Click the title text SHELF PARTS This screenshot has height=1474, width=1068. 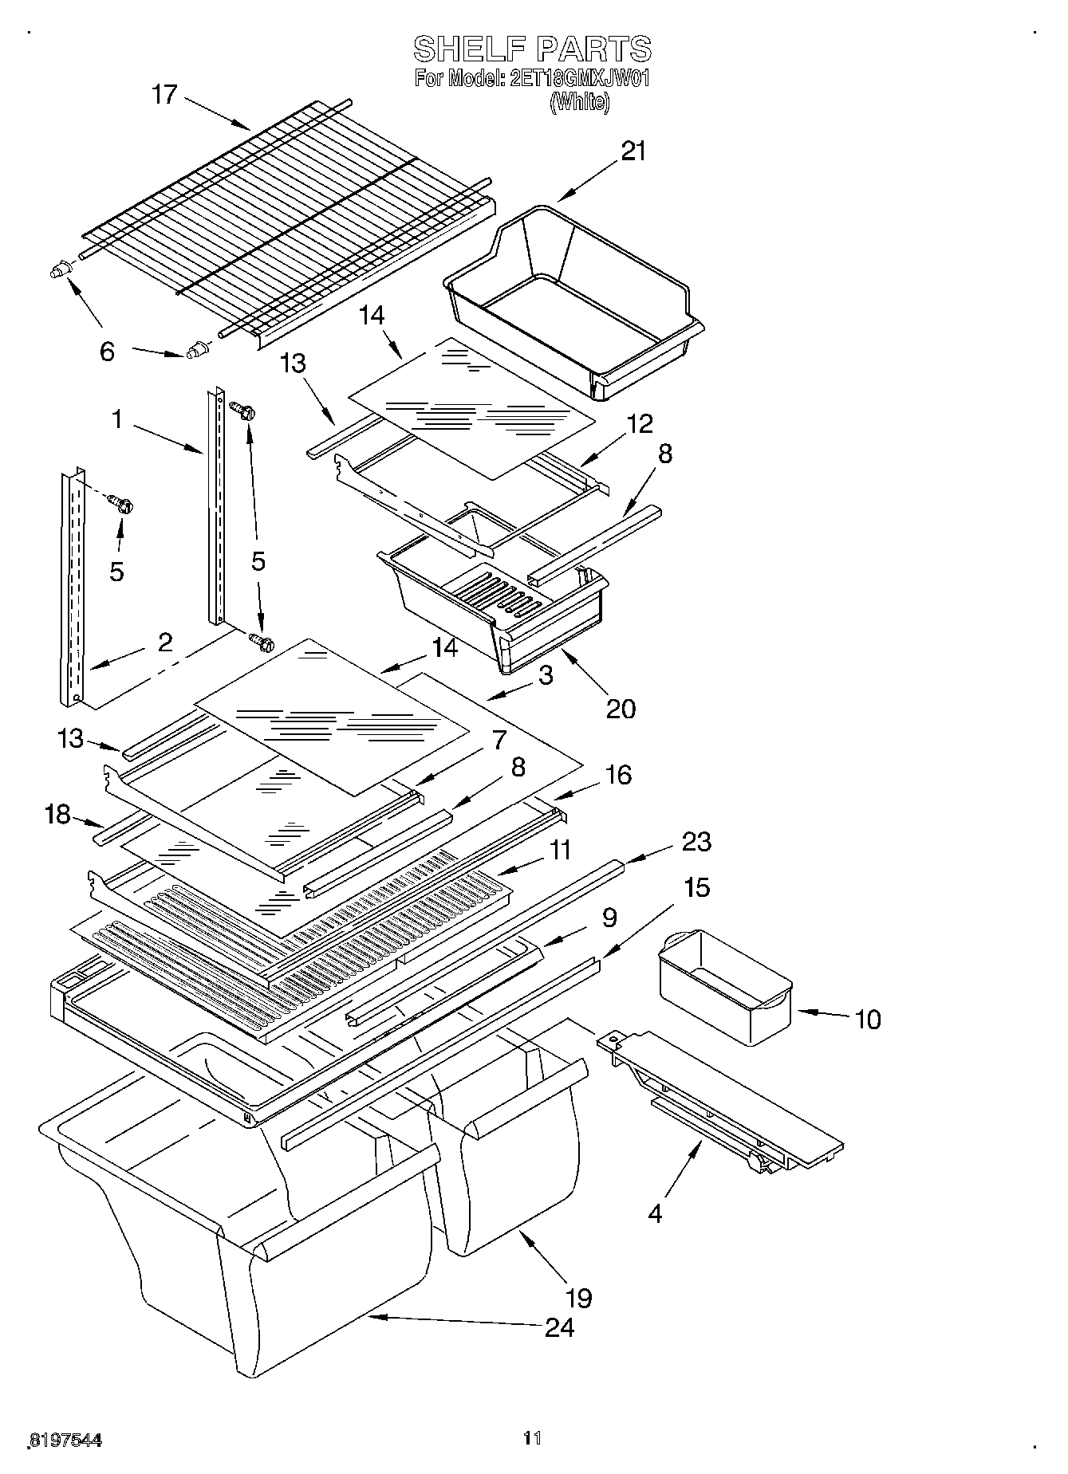[x=532, y=49]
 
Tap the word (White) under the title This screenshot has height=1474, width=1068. [x=580, y=102]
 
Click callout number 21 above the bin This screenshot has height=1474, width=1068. [x=633, y=151]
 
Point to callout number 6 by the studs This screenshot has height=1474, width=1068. [x=108, y=351]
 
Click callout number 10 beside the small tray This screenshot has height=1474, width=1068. [x=868, y=1019]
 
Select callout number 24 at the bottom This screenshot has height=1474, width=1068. [x=559, y=1327]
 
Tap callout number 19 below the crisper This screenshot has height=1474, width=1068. [x=579, y=1298]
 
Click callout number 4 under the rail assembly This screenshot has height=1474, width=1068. [x=655, y=1214]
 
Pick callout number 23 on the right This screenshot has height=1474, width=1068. [x=697, y=842]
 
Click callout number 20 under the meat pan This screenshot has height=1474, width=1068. [x=621, y=708]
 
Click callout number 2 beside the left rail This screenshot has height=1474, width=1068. [x=165, y=643]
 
